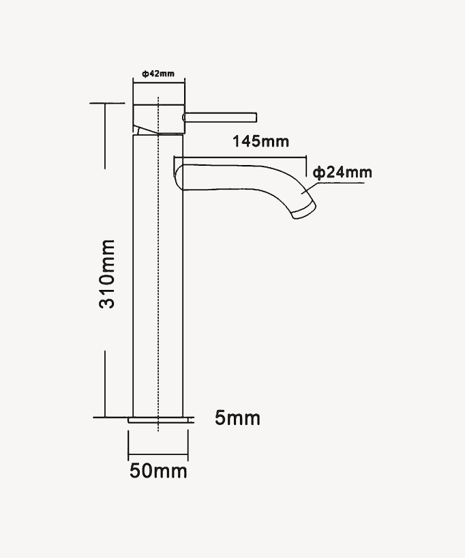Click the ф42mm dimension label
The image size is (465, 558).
[158, 73]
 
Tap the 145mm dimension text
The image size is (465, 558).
[260, 141]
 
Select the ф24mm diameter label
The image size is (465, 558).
[343, 172]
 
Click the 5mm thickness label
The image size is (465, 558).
[237, 417]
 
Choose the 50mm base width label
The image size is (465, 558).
[158, 471]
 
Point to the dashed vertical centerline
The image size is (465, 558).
[158, 273]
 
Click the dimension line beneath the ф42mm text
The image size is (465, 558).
[158, 83]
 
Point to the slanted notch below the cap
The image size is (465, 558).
[140, 129]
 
